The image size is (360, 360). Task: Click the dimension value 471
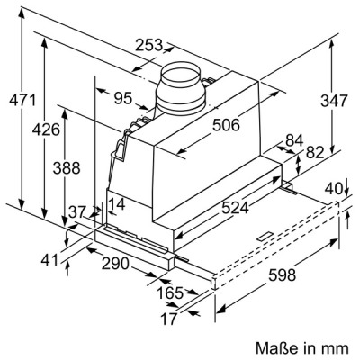click(22, 100)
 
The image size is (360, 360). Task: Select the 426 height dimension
click(46, 130)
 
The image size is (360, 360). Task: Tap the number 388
click(67, 168)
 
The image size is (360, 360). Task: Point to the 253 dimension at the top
click(148, 45)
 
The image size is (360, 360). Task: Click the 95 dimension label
click(123, 98)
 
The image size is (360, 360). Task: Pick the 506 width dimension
click(226, 125)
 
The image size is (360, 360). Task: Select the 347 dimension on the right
click(334, 101)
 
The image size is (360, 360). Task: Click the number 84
click(294, 140)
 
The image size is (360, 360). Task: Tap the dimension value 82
click(315, 152)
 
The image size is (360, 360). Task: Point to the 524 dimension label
click(235, 208)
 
